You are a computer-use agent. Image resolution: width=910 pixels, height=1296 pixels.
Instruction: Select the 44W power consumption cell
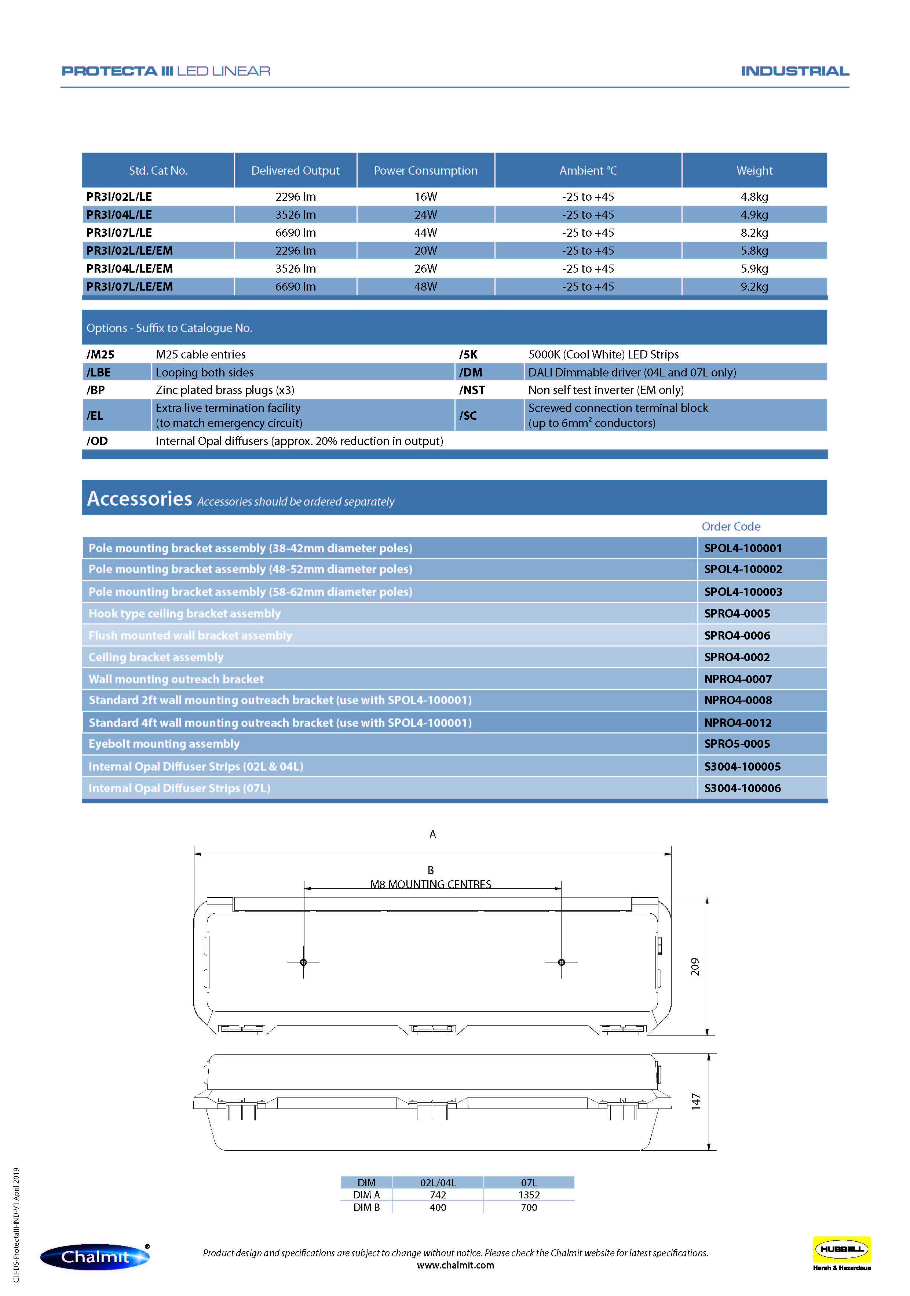[x=425, y=233]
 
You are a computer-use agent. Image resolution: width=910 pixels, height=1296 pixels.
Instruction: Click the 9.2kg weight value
[x=754, y=287]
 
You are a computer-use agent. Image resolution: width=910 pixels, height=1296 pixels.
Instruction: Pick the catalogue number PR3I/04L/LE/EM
[x=130, y=269]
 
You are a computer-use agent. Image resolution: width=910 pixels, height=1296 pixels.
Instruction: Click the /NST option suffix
[x=472, y=390]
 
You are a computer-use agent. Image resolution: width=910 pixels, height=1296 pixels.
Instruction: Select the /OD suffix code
[x=97, y=441]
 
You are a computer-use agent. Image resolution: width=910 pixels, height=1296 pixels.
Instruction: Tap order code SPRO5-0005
[x=737, y=744]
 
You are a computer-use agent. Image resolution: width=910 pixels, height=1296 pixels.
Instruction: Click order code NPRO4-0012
[x=737, y=722]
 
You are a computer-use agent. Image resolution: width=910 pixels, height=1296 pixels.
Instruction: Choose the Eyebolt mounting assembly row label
[x=164, y=744]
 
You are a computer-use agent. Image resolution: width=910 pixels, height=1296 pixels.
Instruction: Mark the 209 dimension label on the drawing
[x=695, y=966]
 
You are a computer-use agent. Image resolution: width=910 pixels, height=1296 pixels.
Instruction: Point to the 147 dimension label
[x=696, y=1101]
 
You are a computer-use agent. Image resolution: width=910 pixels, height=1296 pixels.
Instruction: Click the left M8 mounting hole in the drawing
[x=304, y=962]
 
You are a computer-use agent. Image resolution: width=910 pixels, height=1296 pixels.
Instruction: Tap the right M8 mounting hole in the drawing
[x=561, y=962]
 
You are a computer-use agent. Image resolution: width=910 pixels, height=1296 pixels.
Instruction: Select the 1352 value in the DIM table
[x=529, y=1195]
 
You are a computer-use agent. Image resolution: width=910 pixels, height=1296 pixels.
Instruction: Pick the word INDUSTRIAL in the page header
[x=794, y=71]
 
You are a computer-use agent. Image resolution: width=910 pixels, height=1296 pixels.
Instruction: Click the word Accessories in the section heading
[x=139, y=498]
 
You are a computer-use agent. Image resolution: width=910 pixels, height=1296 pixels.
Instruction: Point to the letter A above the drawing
[x=433, y=834]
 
